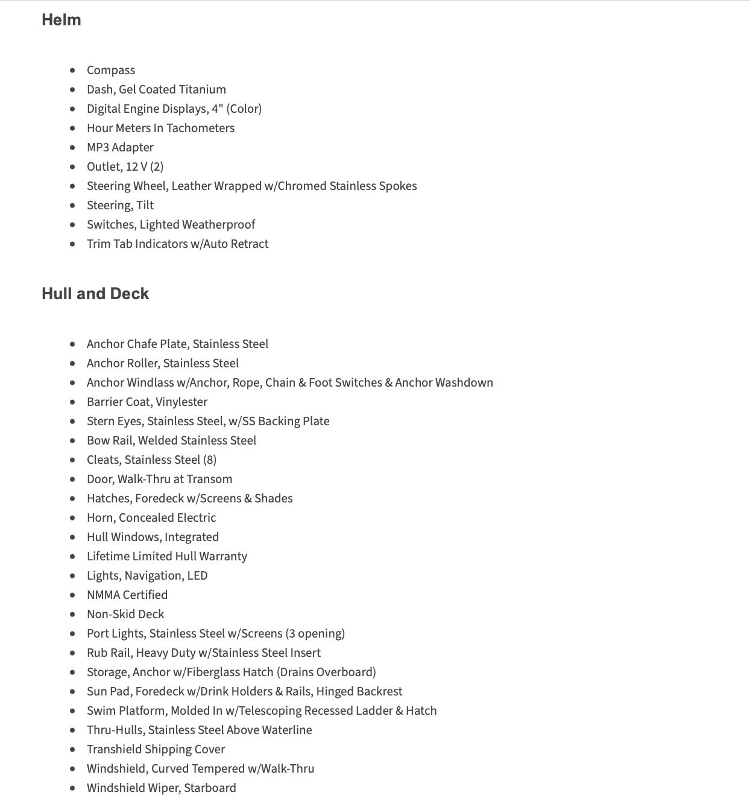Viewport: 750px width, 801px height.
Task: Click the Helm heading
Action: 61,20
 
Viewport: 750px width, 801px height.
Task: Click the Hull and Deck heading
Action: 95,294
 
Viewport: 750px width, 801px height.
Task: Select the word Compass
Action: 111,71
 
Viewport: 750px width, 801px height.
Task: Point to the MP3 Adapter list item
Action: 120,148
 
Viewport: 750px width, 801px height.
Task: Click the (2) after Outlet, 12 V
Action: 157,167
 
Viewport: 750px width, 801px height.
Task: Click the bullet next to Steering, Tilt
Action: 73,206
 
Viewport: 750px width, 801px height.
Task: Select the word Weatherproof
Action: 218,225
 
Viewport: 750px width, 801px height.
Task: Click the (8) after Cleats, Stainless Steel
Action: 210,460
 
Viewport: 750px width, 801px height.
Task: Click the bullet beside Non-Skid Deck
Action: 73,615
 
